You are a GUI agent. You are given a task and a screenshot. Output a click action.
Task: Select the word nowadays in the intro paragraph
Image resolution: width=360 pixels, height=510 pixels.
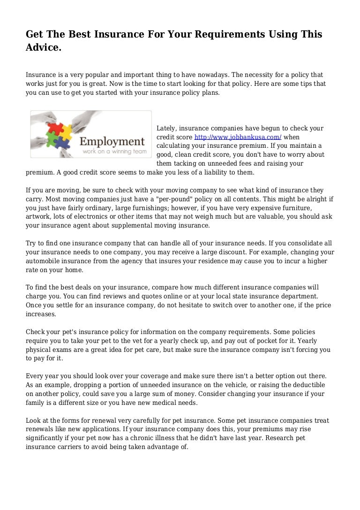click(213, 75)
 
